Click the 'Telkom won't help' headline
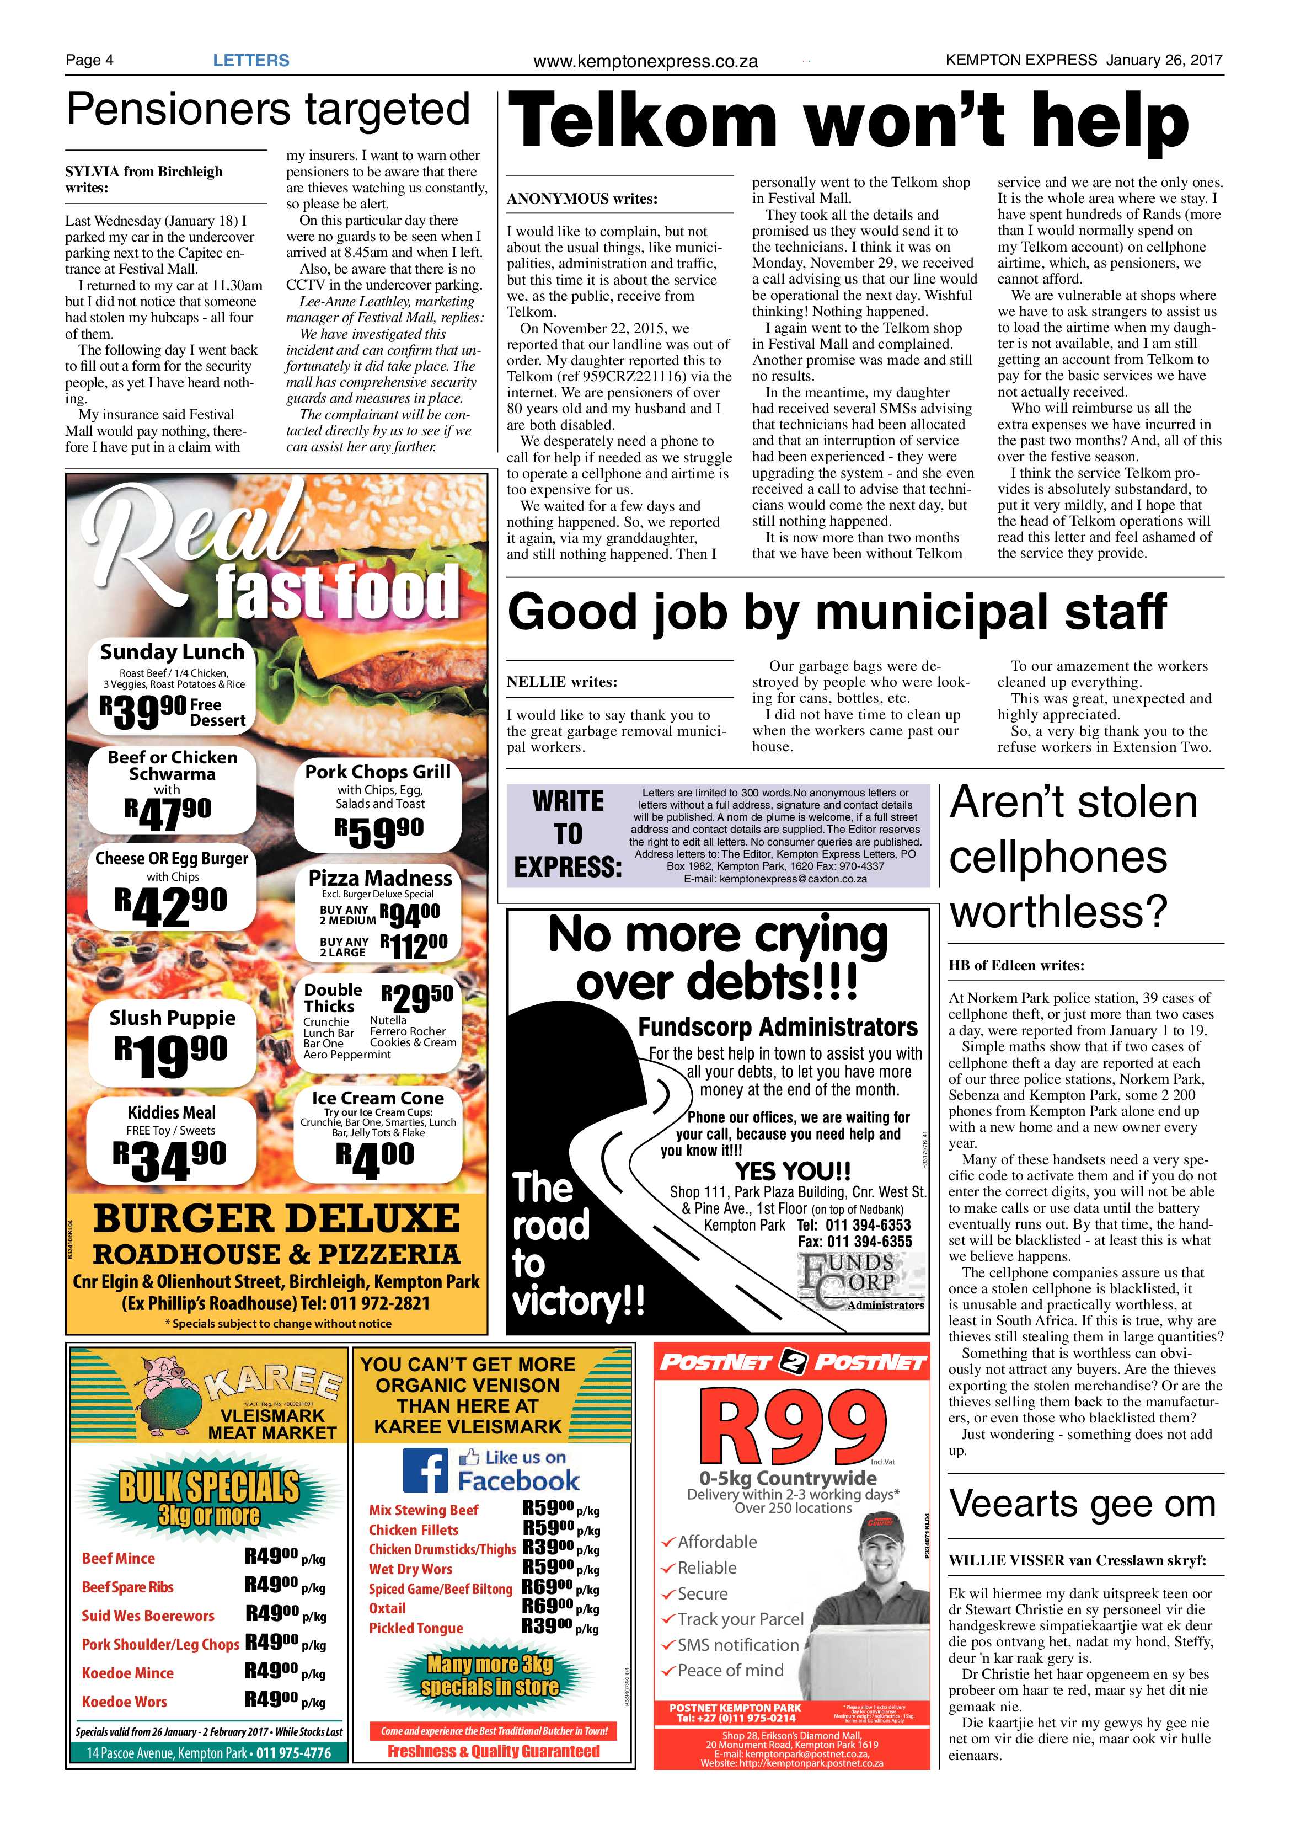tap(848, 121)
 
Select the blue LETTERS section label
tap(251, 60)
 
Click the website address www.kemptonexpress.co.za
tap(645, 61)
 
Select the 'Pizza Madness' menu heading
tap(379, 878)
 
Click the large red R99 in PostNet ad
tap(792, 1429)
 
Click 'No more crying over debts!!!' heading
tap(718, 958)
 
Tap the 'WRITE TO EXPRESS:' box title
tap(567, 834)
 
